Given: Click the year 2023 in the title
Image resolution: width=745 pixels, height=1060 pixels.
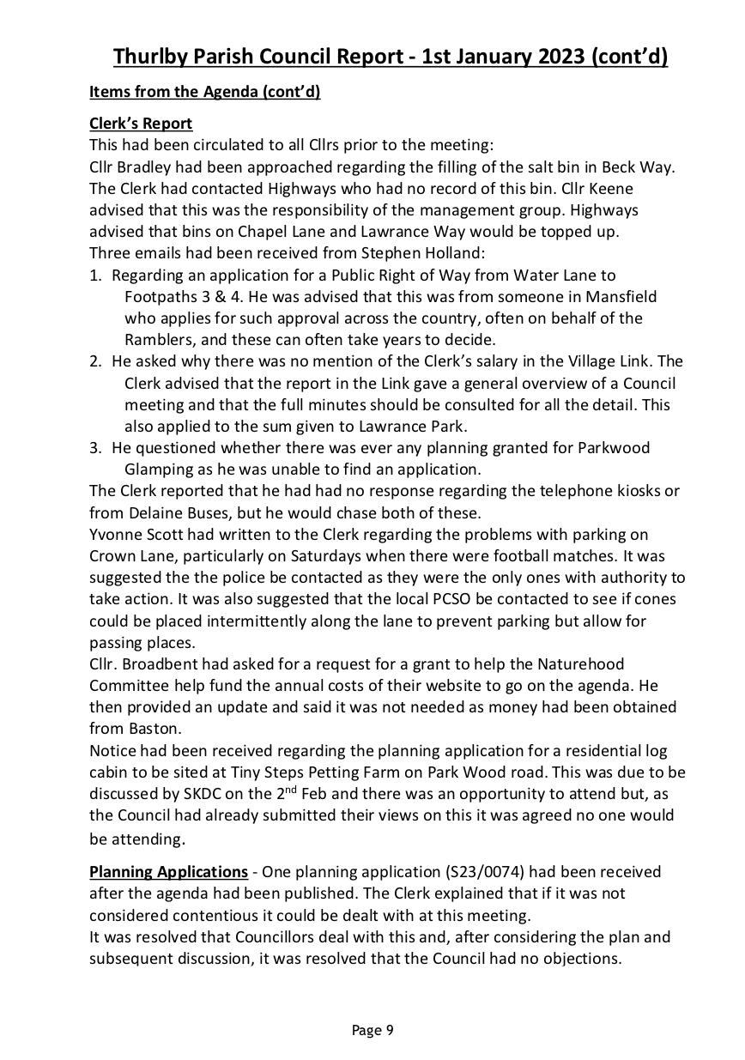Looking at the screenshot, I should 563,57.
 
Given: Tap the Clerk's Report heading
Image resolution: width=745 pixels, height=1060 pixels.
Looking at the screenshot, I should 141,124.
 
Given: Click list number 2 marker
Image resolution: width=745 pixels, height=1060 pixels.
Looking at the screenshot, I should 96,361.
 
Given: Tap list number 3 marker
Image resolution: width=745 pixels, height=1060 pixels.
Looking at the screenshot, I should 96,447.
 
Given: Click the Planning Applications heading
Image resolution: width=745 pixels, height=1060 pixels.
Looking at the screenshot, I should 168,871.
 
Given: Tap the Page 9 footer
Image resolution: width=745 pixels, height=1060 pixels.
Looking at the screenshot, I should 372,1030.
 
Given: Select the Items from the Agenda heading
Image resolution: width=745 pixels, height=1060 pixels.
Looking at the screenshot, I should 204,92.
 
